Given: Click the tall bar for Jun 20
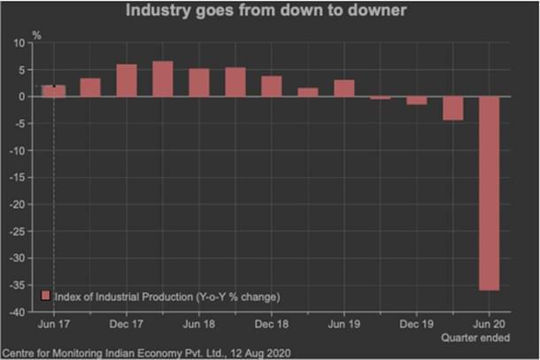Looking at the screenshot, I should (x=490, y=193).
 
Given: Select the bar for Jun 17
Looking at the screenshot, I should (x=54, y=91).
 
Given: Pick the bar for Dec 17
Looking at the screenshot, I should (x=127, y=80).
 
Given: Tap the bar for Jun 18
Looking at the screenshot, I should (x=199, y=82).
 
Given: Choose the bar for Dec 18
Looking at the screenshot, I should (x=272, y=86).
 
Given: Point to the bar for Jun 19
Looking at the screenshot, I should (x=344, y=88).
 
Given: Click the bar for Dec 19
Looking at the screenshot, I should (x=417, y=101).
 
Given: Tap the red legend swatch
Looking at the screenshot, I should (x=46, y=295).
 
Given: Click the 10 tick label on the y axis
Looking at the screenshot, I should (x=19, y=42).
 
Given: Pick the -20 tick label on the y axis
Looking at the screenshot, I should (x=16, y=204).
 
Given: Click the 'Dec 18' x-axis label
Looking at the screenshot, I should (x=272, y=325).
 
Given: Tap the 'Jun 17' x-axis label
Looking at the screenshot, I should (x=54, y=325).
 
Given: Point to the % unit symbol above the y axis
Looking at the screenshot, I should (x=36, y=34).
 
